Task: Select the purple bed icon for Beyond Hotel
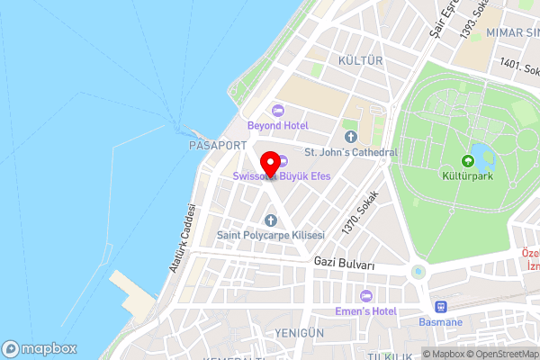278,110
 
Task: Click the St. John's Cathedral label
351,152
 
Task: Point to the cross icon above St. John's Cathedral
351,137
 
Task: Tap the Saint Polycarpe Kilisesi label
270,236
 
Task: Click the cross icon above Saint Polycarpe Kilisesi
270,220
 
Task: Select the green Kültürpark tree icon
472,151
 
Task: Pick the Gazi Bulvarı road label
345,261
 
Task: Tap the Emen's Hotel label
365,311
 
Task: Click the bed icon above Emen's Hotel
365,296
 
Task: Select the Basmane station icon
441,306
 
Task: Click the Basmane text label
441,321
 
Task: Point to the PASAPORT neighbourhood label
212,144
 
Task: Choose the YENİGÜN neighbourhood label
301,332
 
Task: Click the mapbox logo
39,349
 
